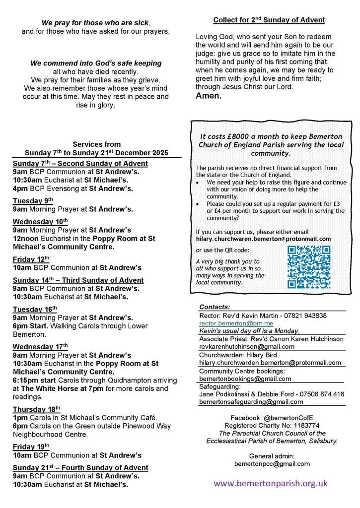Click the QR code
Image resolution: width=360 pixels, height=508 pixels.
coord(309,267)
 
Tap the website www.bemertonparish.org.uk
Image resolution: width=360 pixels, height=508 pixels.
coord(271,483)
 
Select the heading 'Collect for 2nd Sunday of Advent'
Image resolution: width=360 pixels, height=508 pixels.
coord(269,20)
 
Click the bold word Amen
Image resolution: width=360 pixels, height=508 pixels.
coord(209,96)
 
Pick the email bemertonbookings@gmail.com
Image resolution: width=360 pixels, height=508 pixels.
coord(245,379)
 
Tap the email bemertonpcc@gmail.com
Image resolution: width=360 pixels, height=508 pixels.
coord(272,464)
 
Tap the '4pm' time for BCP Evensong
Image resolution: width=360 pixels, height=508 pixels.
coord(20,188)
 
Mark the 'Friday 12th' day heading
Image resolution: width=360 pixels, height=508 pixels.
coord(29,259)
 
